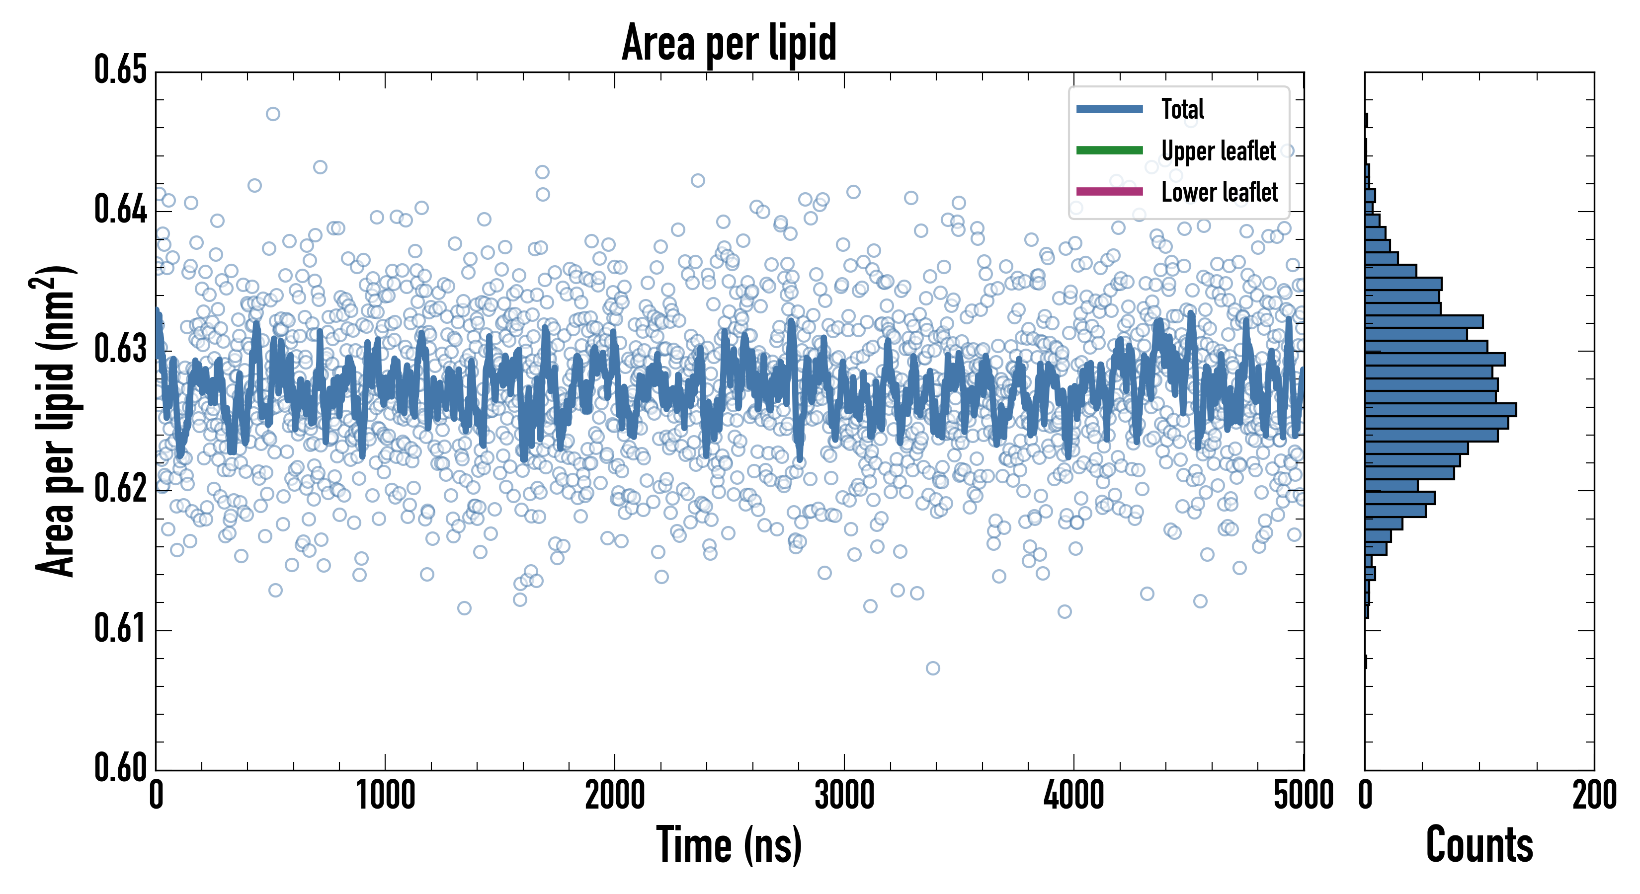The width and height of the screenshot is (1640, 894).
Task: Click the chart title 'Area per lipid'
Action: (729, 43)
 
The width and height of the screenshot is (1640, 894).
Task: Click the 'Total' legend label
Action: (1182, 109)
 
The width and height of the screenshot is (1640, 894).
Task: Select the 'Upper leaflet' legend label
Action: (1219, 151)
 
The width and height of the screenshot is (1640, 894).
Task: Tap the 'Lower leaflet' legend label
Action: (1219, 192)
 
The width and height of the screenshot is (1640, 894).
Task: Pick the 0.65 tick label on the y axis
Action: (120, 70)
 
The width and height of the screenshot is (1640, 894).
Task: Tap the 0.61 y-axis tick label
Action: (120, 629)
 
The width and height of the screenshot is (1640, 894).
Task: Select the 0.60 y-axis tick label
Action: (120, 767)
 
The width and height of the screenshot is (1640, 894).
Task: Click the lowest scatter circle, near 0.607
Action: (933, 668)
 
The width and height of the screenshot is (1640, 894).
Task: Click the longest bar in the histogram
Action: (1440, 410)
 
